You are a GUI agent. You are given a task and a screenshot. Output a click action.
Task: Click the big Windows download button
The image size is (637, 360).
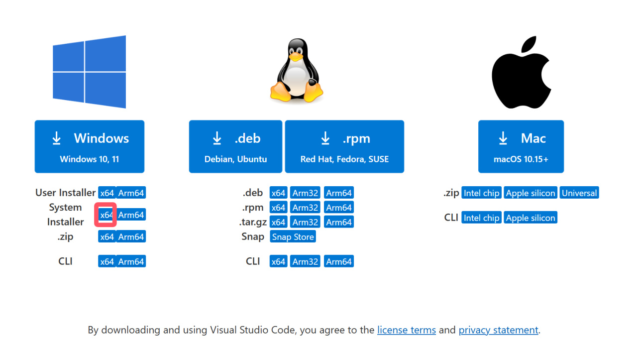[90, 146]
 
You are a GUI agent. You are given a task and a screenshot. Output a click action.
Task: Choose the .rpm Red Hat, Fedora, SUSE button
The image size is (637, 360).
[344, 146]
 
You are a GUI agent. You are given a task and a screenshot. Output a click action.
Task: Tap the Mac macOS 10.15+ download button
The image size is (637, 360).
[521, 146]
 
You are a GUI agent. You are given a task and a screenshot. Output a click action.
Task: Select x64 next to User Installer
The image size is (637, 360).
[107, 193]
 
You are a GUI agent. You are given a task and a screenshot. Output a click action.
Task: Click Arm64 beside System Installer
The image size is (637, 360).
[131, 215]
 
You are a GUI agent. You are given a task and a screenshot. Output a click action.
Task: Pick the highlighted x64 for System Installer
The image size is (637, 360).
[106, 215]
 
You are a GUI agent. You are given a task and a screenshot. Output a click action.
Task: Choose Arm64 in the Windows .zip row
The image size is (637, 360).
[131, 237]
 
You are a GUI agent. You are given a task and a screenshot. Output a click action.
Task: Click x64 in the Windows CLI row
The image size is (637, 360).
[107, 261]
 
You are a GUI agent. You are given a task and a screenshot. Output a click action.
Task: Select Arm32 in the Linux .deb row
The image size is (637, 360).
[305, 193]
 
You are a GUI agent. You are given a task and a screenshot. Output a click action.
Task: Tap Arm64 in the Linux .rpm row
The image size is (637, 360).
[339, 208]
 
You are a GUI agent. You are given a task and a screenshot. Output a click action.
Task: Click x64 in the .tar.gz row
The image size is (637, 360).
[279, 222]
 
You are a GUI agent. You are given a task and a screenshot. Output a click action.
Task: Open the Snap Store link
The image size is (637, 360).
[293, 237]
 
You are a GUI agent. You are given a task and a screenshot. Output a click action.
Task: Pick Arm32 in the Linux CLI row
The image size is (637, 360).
[305, 261]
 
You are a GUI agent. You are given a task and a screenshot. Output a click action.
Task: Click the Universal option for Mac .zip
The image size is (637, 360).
[579, 193]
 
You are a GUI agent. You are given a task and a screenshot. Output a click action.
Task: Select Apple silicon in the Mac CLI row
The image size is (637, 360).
[531, 218]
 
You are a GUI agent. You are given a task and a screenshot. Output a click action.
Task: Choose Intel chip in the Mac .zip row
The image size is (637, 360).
[481, 193]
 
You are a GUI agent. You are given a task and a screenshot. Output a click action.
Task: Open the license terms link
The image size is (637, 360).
[407, 330]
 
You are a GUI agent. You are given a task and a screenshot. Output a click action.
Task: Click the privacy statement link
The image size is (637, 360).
[498, 330]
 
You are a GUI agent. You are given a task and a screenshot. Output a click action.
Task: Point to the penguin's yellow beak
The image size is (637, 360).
[297, 57]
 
